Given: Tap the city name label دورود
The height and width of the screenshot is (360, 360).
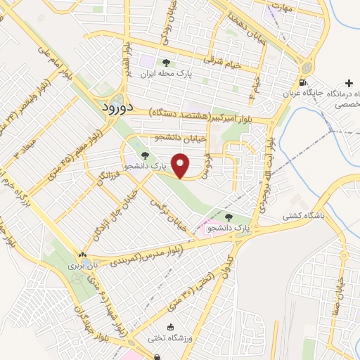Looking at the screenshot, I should coord(112,109).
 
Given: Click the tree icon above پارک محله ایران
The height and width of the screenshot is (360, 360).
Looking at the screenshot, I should coord(166,63).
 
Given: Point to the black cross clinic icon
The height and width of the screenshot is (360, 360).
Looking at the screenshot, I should coord(349,84).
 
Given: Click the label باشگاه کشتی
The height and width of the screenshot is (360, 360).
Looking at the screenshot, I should coord(304,217).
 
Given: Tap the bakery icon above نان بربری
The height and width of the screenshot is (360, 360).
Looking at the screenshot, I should coord(84,255).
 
